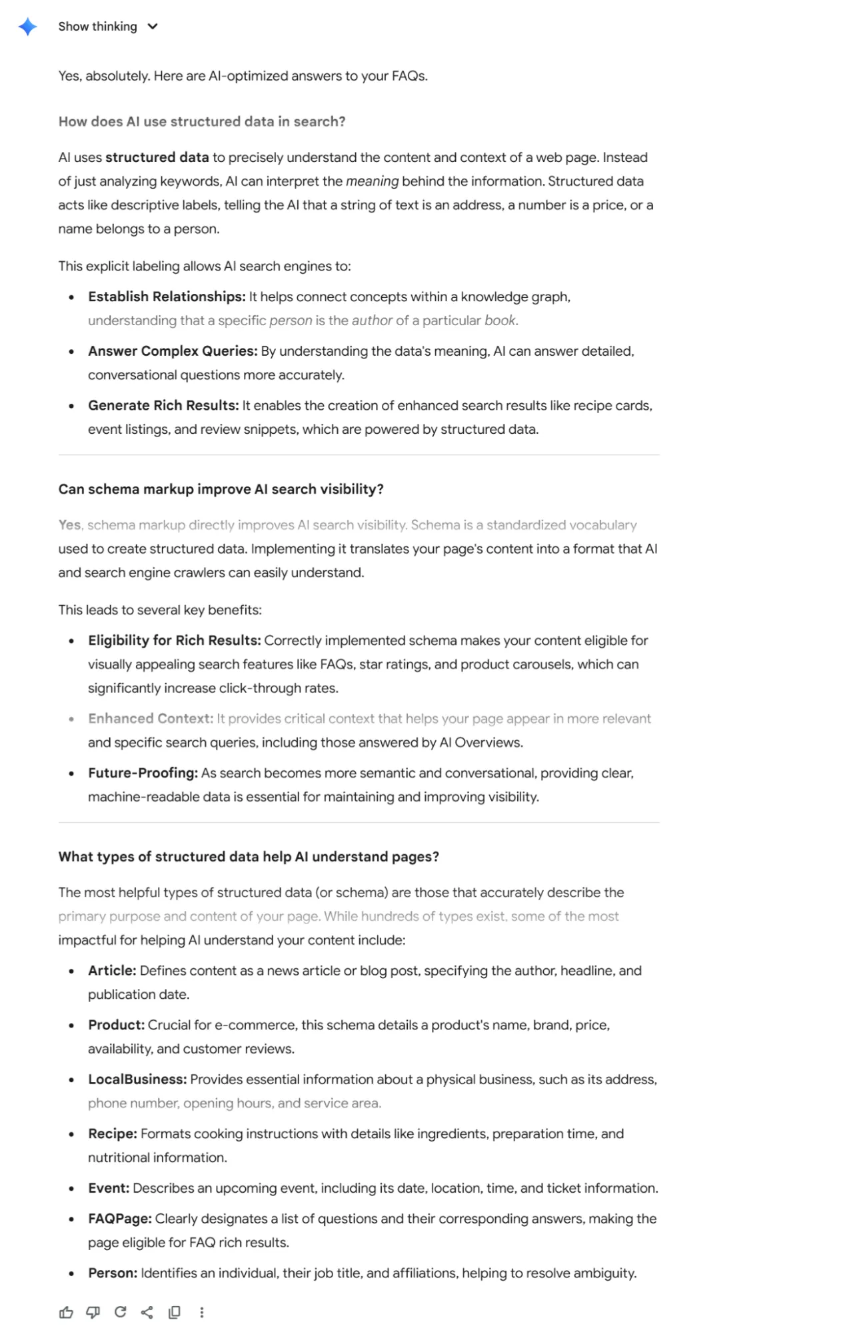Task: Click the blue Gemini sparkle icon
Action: click(27, 27)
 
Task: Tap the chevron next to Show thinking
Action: click(153, 27)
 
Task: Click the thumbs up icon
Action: click(66, 1312)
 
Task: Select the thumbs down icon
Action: click(93, 1312)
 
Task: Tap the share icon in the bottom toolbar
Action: click(147, 1312)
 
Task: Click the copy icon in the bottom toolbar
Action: click(175, 1312)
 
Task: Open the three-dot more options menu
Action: click(202, 1312)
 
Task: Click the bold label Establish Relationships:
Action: click(167, 297)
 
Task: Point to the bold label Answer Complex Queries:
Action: click(173, 351)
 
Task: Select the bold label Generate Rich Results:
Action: click(163, 406)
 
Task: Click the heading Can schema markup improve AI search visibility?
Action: click(221, 489)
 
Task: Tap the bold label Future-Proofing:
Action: click(143, 773)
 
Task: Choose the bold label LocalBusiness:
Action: click(137, 1079)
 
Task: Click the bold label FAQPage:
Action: click(120, 1219)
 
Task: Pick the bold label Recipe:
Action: click(113, 1134)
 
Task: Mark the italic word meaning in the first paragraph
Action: click(372, 181)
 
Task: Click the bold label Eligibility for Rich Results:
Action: click(174, 640)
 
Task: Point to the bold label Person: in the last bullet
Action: click(113, 1273)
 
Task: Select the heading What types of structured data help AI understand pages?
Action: click(249, 857)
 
